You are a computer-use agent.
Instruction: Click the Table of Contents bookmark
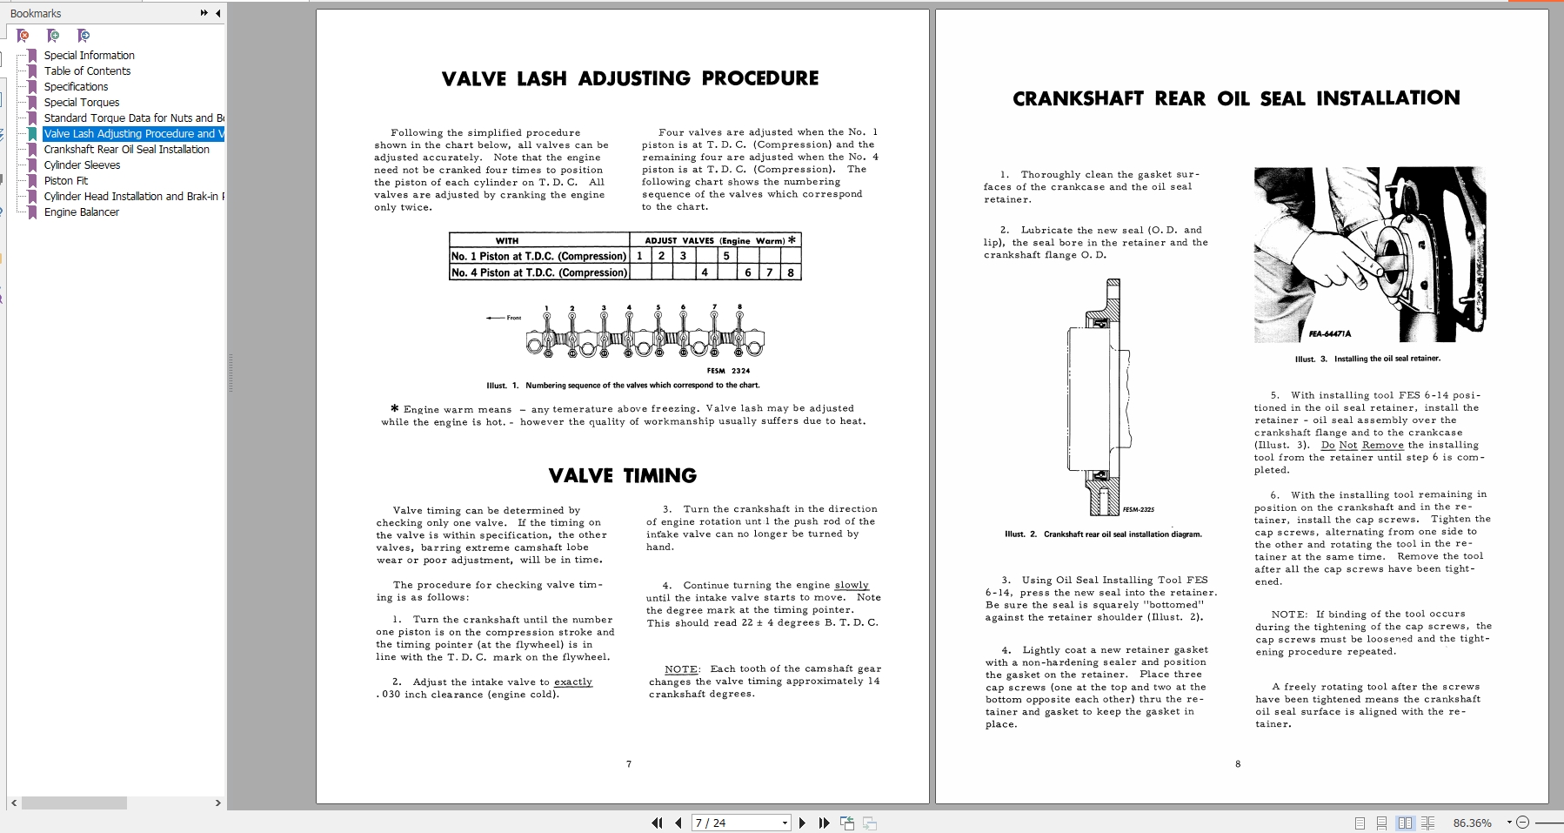[87, 71]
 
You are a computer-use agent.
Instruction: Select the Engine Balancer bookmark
[82, 212]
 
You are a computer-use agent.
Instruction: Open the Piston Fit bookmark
[66, 181]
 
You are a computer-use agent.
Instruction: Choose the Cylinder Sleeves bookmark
[82, 165]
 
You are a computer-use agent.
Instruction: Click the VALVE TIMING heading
[623, 475]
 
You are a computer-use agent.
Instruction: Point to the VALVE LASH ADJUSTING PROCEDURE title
[630, 78]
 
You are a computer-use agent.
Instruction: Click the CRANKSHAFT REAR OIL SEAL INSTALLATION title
[1236, 98]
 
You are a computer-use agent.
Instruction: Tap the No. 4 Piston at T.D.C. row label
[538, 272]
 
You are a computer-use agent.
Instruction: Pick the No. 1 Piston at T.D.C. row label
[538, 256]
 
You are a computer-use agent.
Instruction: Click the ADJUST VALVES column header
[714, 240]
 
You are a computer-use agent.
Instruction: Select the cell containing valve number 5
[726, 256]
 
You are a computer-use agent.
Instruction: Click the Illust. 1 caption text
[623, 385]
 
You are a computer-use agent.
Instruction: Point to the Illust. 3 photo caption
[1367, 359]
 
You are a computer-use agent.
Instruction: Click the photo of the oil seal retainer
[1370, 253]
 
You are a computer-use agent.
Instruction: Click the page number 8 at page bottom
[1238, 764]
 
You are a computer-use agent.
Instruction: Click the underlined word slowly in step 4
[851, 585]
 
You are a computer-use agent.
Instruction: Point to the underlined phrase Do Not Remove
[1362, 445]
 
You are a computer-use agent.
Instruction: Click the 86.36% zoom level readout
[1472, 823]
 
